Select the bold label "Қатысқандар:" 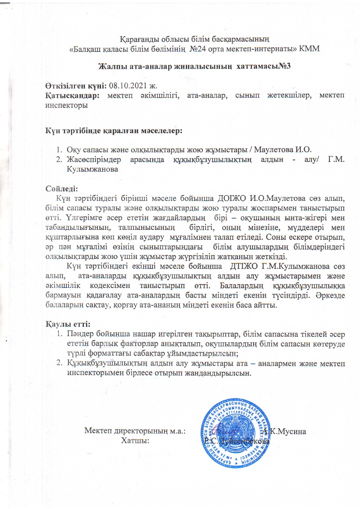tap(72, 96)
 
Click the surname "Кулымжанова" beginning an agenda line tap(93, 169)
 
